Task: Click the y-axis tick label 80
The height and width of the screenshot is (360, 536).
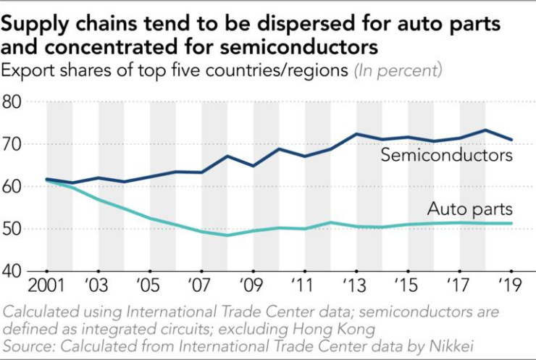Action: pos(16,102)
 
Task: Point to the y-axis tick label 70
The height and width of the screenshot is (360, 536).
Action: pos(16,144)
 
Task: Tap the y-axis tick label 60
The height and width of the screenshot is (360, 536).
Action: pos(16,187)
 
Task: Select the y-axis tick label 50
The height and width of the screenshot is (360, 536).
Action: pos(16,229)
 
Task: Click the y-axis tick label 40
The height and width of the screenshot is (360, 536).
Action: pos(16,272)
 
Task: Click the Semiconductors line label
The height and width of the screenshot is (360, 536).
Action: pos(447,156)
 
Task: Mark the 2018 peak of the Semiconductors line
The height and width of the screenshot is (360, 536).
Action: pos(486,130)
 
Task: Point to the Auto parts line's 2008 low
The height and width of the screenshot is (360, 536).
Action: pos(228,235)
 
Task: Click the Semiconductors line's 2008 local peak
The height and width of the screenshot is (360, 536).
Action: pos(228,156)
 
